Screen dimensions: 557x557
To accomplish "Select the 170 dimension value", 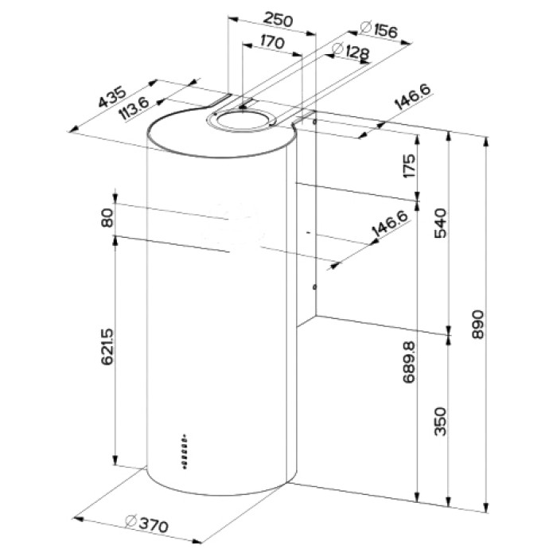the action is pyautogui.click(x=272, y=42).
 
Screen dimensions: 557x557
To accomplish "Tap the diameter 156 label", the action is pyautogui.click(x=378, y=29).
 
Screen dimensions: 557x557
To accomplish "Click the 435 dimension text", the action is pyautogui.click(x=112, y=96).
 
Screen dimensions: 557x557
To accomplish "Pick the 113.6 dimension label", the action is pyautogui.click(x=134, y=108).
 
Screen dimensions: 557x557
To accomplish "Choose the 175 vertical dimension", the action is pyautogui.click(x=410, y=166).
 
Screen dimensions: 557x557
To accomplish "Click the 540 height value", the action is pyautogui.click(x=441, y=223).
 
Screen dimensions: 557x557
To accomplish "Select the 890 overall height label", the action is pyautogui.click(x=478, y=325).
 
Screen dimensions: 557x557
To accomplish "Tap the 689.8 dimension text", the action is pyautogui.click(x=409, y=362).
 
